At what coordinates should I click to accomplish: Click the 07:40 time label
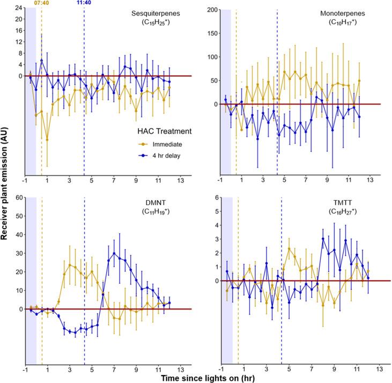(42, 3)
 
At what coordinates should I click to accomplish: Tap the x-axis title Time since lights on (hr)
(204, 377)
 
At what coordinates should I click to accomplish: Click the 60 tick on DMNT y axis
(18, 197)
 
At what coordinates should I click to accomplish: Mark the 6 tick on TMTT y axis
(213, 197)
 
